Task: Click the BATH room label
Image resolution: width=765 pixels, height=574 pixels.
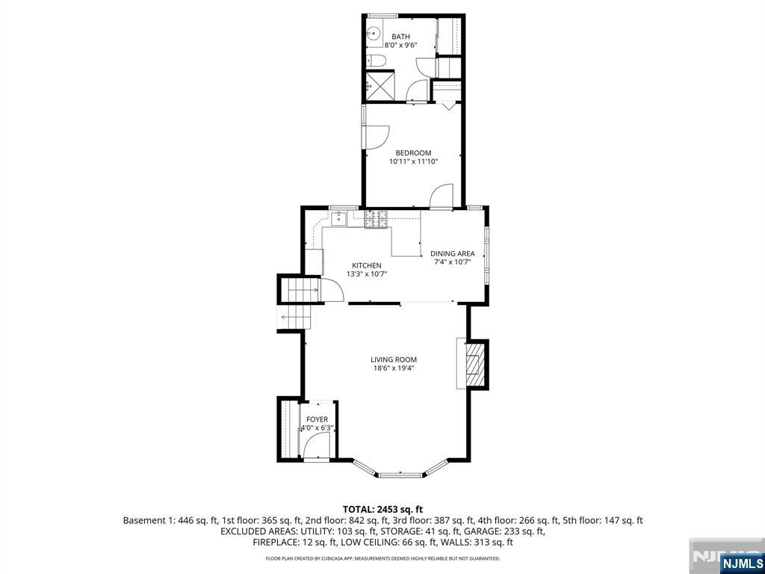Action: pos(400,37)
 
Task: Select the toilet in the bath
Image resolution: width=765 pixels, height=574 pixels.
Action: pos(377,61)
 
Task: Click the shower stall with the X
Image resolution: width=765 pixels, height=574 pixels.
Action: pos(380,85)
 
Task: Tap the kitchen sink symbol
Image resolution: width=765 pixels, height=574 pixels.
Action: pos(338,219)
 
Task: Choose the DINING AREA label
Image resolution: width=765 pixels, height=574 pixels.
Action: pos(452,253)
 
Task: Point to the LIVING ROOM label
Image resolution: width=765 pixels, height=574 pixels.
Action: pos(393,359)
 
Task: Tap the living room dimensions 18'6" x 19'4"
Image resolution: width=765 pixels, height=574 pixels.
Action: pos(393,368)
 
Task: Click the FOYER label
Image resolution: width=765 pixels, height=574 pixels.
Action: pos(317,419)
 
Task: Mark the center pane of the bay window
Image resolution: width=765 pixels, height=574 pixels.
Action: pos(400,475)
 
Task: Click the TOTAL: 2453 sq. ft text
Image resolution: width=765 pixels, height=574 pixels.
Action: pos(382,510)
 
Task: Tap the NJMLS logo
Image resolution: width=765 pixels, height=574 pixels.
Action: pos(741,563)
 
